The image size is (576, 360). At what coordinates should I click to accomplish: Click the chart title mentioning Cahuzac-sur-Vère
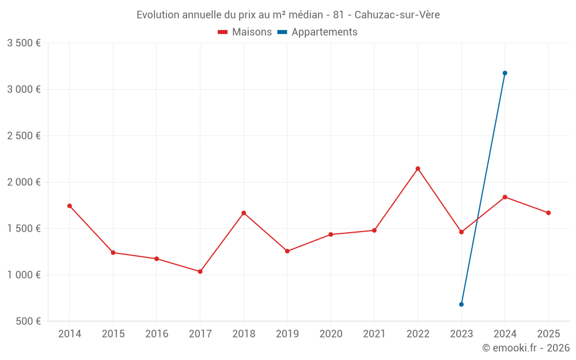click(x=288, y=15)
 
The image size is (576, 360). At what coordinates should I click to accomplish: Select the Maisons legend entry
click(x=245, y=32)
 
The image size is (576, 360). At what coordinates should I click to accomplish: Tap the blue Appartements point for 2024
click(x=505, y=73)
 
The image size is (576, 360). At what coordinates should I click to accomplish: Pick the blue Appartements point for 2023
click(x=461, y=304)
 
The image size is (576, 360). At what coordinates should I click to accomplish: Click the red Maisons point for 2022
click(x=418, y=169)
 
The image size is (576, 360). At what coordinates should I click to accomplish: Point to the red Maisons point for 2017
click(x=200, y=271)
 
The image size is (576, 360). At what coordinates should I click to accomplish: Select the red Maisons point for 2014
click(x=70, y=206)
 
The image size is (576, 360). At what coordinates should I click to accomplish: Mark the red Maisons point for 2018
click(x=244, y=213)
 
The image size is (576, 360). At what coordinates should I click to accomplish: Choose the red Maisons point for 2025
click(x=548, y=213)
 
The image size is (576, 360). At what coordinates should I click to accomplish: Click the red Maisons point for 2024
click(x=505, y=197)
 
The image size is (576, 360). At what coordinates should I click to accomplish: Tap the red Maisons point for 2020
click(x=331, y=234)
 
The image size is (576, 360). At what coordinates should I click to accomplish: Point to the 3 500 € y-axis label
click(x=24, y=43)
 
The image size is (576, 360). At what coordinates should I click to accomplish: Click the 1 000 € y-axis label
click(x=24, y=275)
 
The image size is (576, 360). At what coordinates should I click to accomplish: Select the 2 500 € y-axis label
click(x=24, y=136)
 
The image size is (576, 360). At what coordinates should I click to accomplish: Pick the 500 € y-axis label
click(x=28, y=321)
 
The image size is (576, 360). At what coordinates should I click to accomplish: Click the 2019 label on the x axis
click(x=287, y=334)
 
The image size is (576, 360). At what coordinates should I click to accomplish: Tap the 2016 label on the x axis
click(x=157, y=334)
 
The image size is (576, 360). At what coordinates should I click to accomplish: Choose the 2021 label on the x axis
click(x=374, y=334)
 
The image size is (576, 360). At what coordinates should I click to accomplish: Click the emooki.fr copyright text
click(x=525, y=348)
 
